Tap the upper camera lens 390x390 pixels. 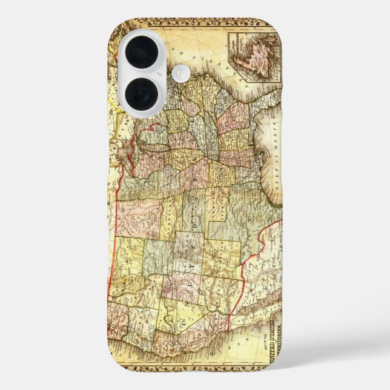pyautogui.click(x=142, y=52)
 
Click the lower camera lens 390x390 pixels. pyautogui.click(x=142, y=93)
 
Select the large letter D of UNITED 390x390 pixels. pyautogui.click(x=186, y=226)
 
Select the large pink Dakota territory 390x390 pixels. pyautogui.click(x=139, y=212)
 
